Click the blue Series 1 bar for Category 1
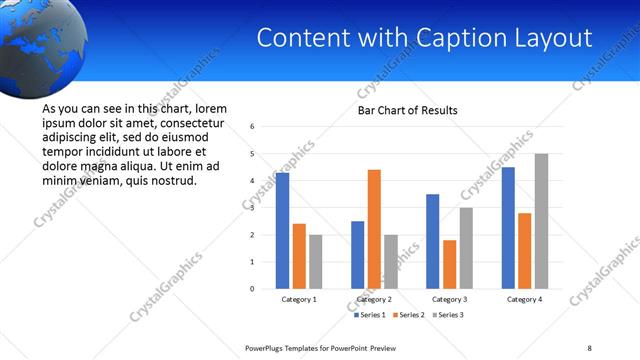(x=282, y=231)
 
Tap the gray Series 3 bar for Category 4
(x=541, y=221)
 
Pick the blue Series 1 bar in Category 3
(x=432, y=241)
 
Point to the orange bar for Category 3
(x=449, y=264)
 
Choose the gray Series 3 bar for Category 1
(x=316, y=262)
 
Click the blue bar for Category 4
(x=508, y=228)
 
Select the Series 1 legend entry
(x=372, y=315)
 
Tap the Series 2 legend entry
(x=409, y=315)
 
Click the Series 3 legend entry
(x=446, y=315)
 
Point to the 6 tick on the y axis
(x=253, y=127)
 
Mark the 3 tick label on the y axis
(x=253, y=208)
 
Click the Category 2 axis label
(x=374, y=299)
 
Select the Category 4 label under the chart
(x=524, y=299)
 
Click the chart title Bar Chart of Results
(x=408, y=110)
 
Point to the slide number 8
(x=589, y=347)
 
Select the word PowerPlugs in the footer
(x=267, y=347)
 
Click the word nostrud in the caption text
(x=173, y=181)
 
